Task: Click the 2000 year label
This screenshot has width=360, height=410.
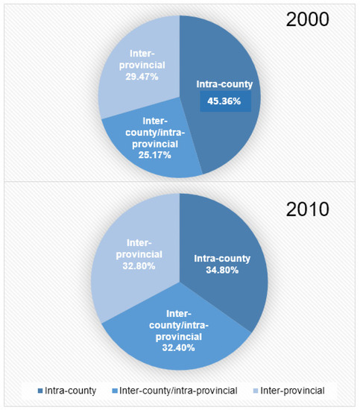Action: point(308,19)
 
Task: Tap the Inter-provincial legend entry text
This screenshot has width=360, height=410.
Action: point(297,391)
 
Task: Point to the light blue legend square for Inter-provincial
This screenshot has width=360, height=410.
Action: point(256,391)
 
